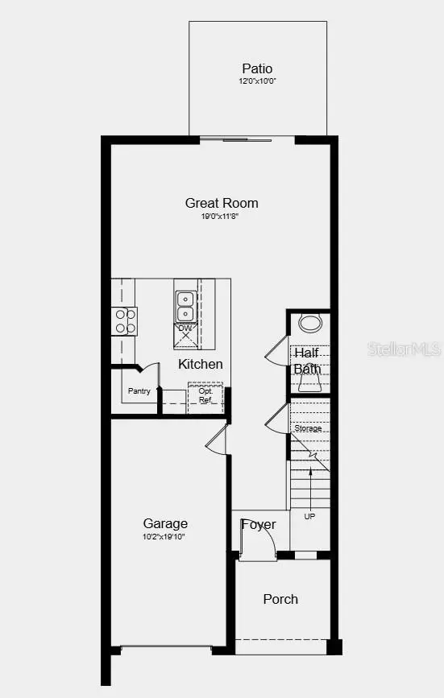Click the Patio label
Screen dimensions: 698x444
pos(257,69)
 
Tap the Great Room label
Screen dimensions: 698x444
pos(222,203)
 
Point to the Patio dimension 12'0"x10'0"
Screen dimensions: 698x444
pos(257,82)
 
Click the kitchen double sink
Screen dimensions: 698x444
pos(185,306)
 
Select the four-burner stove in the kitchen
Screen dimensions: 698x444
pos(125,321)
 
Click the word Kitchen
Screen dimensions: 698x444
pos(201,364)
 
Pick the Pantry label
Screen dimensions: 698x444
pos(139,391)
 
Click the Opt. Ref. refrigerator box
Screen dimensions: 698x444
pos(205,396)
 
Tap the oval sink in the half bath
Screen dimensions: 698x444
pos(309,324)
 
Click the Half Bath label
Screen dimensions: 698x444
pos(307,361)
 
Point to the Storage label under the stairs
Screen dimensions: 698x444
pos(308,428)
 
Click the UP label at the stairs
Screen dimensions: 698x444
pos(309,516)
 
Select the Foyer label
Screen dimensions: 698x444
pos(259,525)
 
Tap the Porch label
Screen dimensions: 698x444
pos(280,599)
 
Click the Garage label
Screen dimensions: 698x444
pos(165,523)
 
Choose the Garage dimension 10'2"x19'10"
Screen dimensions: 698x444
pos(164,536)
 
